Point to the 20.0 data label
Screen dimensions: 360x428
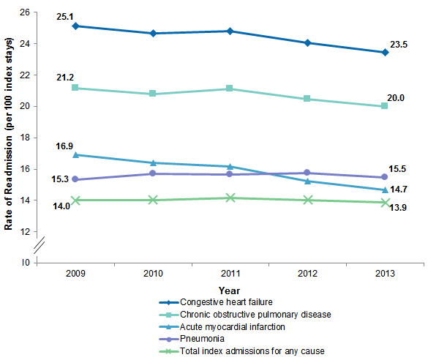tap(396, 99)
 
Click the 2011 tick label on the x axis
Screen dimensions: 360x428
tap(230, 273)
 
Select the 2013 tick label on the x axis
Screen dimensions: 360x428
tap(386, 273)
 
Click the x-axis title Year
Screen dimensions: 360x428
tap(229, 290)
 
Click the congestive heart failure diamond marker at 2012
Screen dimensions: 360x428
tap(308, 43)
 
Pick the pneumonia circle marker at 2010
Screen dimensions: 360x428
tap(152, 173)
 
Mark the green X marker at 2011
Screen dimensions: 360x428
tap(230, 198)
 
